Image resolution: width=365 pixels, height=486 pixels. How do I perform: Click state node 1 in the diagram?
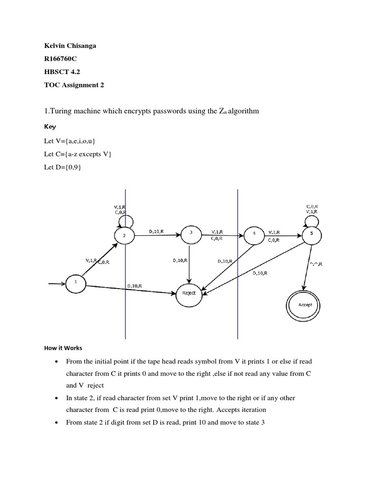(x=75, y=282)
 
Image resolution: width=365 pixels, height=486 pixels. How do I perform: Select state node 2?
(x=125, y=235)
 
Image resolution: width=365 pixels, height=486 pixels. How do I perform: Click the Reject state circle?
(x=189, y=293)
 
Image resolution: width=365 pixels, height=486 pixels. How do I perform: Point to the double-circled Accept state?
(x=305, y=305)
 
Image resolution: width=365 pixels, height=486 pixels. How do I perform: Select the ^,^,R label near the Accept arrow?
(x=315, y=264)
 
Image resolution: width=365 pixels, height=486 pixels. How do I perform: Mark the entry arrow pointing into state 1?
(x=58, y=284)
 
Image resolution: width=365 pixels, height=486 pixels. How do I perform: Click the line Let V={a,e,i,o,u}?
(x=70, y=141)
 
